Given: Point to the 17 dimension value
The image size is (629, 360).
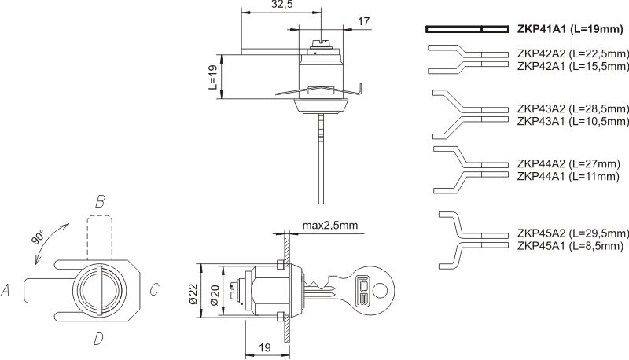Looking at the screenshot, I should (364, 22).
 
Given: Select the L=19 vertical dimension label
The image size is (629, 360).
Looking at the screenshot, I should (213, 77).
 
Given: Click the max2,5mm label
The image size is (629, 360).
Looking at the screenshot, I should (330, 226).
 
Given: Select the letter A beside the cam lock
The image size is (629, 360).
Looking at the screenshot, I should (7, 291).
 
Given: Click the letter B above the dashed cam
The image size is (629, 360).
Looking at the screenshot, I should (100, 203).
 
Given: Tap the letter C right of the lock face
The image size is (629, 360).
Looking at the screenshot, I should (154, 291).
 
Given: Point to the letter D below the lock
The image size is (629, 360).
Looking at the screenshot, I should (98, 340).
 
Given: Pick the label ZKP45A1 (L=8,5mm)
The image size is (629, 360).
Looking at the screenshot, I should (571, 246).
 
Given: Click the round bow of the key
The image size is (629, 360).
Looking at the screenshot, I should (379, 290).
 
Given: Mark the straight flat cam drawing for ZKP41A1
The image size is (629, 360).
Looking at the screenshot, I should (465, 30).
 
